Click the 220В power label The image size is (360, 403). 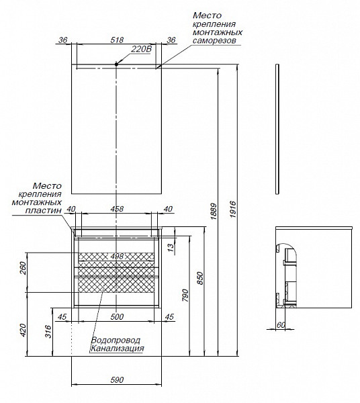(x=141, y=49)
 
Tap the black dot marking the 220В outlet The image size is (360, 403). (x=116, y=64)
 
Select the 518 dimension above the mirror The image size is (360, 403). (x=117, y=40)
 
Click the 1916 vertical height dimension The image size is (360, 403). (x=232, y=210)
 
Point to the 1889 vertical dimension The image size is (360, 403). (x=214, y=212)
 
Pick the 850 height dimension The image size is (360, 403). (x=200, y=278)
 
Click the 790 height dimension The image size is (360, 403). (x=185, y=296)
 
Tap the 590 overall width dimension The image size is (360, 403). (x=117, y=379)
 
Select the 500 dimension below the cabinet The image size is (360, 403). (x=117, y=317)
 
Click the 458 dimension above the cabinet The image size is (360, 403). (x=117, y=209)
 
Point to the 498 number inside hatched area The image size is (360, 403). (x=117, y=257)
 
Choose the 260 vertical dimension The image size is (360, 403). (x=23, y=268)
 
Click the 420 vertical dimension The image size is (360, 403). (x=23, y=330)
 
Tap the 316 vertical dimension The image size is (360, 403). (x=48, y=331)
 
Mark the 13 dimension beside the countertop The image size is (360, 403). (x=171, y=247)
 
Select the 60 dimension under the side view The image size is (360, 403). (x=281, y=325)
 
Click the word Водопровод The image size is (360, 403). (x=116, y=341)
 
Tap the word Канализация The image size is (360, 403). (x=117, y=349)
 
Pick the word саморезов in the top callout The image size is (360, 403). (x=214, y=40)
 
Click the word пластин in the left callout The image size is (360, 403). (x=44, y=210)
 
